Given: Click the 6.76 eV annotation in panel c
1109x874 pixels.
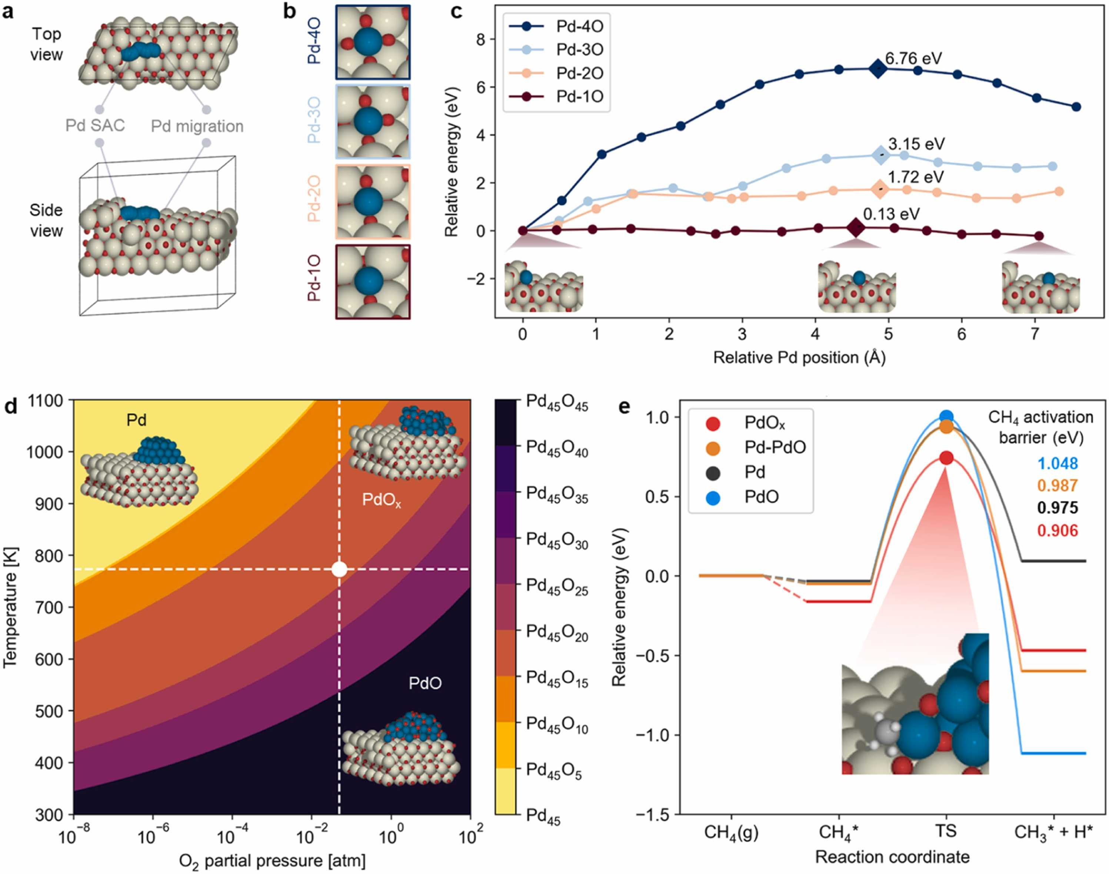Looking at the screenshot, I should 913,59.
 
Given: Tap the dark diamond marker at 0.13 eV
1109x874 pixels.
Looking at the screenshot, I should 855,227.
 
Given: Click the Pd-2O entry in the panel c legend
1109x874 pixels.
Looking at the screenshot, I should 580,73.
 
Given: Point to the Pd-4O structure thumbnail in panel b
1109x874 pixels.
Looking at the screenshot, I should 373,42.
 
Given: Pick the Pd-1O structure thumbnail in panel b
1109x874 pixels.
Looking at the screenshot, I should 373,281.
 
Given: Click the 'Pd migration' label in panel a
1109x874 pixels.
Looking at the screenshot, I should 197,126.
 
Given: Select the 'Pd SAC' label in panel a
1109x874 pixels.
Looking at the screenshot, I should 95,126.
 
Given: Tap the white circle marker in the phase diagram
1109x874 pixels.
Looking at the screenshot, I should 339,569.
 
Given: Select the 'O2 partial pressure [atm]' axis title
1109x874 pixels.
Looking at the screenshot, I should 272,861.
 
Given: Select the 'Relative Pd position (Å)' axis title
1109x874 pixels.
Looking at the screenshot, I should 799,357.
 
